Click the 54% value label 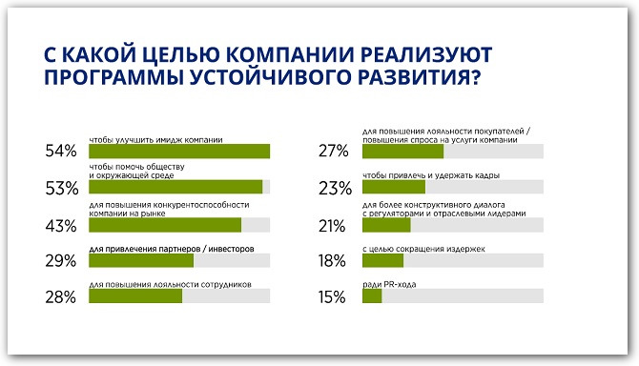click(60, 152)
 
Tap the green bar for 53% click(175, 187)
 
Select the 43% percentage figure click(60, 226)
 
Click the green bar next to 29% click(141, 261)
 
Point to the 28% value click(60, 297)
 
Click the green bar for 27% click(403, 152)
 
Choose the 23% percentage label click(336, 188)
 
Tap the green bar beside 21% click(386, 225)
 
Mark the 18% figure click(335, 260)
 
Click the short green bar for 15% click(372, 296)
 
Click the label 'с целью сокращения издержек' click(424, 249)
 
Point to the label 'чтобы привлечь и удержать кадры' click(432, 175)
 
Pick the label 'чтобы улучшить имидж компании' click(156, 139)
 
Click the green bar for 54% click(179, 152)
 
